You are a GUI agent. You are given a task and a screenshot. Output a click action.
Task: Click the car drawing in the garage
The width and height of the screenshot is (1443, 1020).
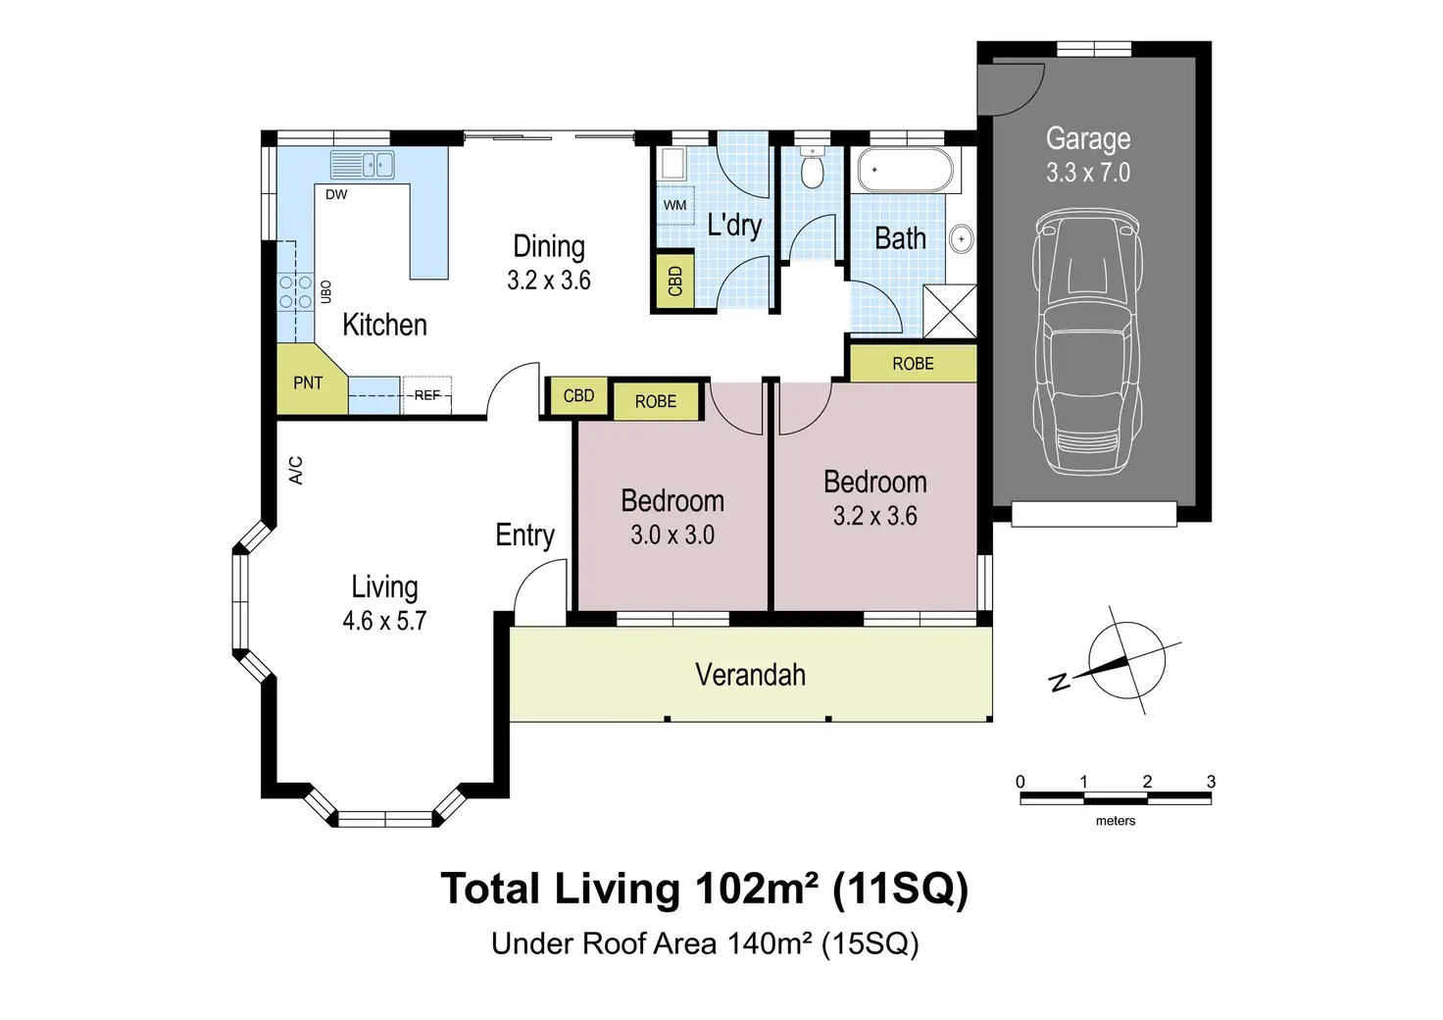pos(1087,342)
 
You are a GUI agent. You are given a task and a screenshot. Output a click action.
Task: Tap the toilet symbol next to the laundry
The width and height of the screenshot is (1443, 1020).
pos(813,168)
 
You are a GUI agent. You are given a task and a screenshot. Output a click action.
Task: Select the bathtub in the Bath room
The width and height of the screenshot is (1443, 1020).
pos(905,170)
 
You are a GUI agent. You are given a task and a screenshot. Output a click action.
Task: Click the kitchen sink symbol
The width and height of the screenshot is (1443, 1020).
pos(362,165)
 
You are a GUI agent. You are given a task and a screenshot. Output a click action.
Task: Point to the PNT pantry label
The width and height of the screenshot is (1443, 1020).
pos(308,382)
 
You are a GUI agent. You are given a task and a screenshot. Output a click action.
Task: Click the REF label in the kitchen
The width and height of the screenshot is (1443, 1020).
pos(427,395)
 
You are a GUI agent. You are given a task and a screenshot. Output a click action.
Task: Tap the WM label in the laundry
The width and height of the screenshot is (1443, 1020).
pos(674,205)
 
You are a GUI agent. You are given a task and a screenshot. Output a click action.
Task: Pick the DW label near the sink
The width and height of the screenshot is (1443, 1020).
pos(336,194)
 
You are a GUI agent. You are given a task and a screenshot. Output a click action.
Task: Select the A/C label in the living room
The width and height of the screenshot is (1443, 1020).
pos(296,471)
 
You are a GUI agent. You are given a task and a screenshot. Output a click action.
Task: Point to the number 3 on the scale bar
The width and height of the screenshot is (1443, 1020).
pos(1211,782)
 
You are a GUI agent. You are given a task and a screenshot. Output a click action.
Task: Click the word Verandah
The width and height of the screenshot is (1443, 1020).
pos(751,675)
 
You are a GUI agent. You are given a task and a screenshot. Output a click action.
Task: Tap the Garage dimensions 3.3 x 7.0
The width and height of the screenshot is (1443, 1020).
pos(1088,173)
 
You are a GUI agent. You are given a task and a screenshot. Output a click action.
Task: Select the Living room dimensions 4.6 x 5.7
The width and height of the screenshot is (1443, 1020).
pos(384,621)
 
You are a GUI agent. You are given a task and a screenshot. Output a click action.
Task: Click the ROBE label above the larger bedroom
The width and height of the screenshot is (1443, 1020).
pos(913,364)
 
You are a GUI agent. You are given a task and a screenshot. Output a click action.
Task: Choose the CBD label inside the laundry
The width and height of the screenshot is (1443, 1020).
pos(674,280)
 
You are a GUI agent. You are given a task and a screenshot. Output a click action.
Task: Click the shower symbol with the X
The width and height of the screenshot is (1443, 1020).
pos(950,311)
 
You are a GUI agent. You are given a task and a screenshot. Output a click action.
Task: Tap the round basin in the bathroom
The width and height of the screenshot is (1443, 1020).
pos(961,239)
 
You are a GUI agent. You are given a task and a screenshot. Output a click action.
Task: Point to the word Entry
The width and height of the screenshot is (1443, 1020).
pos(525,535)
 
